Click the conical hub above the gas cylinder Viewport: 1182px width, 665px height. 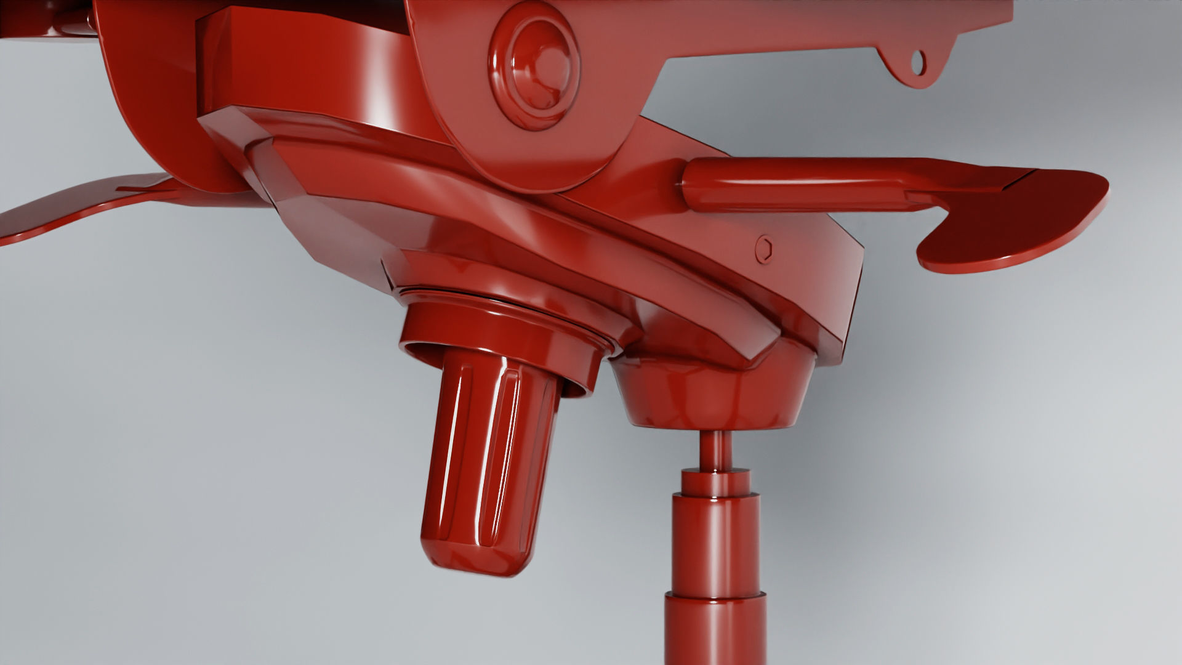pyautogui.click(x=714, y=394)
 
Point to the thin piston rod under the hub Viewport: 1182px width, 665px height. pyautogui.click(x=714, y=449)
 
